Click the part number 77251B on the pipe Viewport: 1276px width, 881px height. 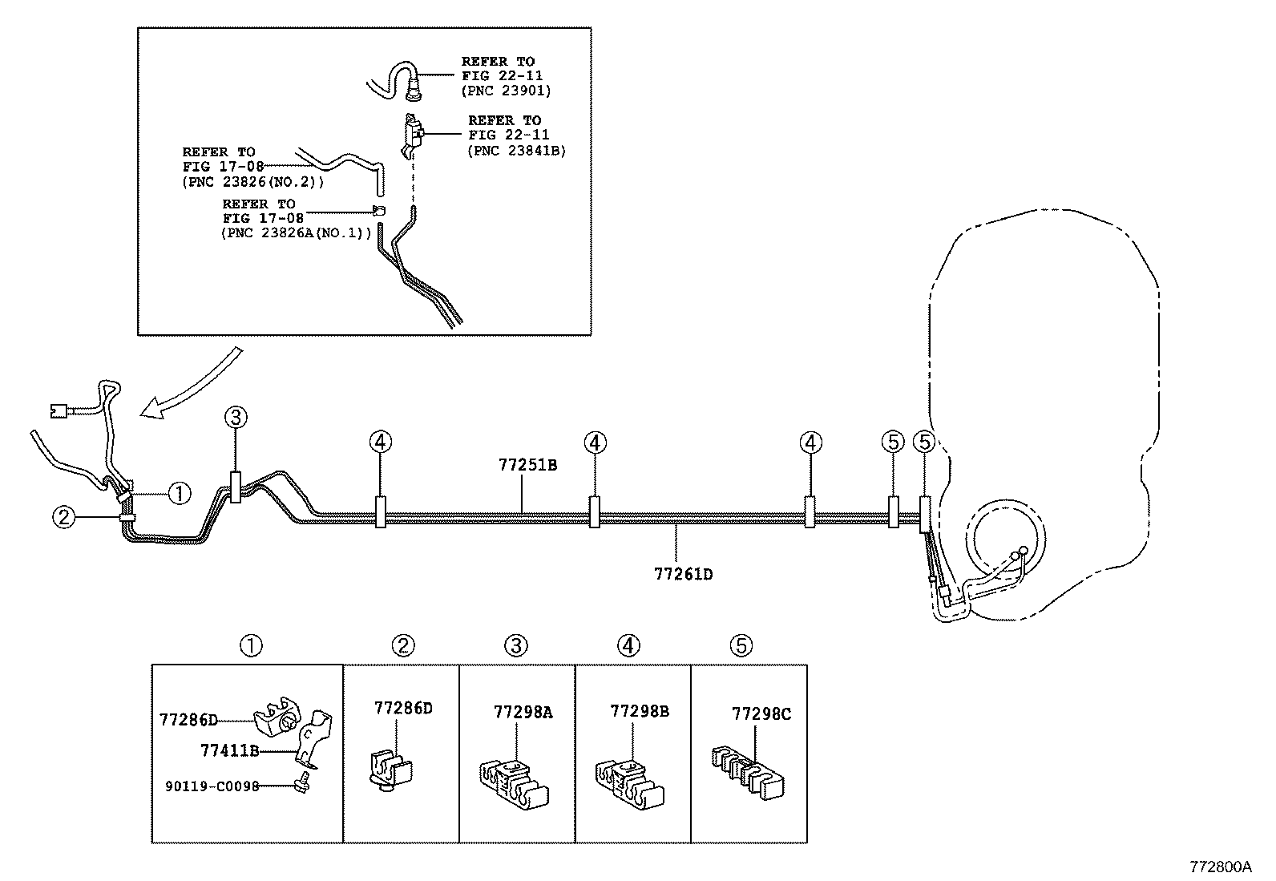(527, 465)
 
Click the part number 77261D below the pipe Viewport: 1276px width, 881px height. (683, 574)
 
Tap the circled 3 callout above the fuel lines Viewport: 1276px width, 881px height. (236, 417)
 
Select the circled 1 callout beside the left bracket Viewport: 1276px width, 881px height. (180, 494)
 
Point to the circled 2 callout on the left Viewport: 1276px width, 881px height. (63, 518)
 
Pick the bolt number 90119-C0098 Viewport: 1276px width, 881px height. (212, 786)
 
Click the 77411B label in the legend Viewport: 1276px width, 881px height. (229, 750)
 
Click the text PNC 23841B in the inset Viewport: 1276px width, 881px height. (516, 150)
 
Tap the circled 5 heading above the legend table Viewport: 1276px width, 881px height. (741, 645)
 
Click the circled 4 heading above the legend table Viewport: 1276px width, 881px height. (629, 645)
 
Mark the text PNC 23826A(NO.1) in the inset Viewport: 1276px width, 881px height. (296, 233)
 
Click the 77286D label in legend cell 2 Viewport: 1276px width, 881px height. (402, 708)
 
